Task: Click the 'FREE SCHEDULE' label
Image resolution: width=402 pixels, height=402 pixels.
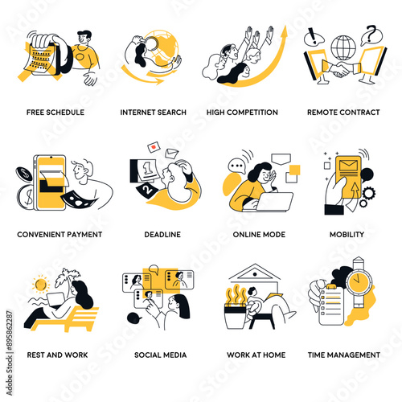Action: tap(55, 113)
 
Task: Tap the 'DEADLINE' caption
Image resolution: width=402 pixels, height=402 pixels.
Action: tap(162, 235)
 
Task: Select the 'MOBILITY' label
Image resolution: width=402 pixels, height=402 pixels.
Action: tap(347, 235)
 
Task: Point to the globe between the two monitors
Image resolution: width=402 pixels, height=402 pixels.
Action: tap(343, 48)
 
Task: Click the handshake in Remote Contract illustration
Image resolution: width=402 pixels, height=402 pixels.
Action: tap(341, 70)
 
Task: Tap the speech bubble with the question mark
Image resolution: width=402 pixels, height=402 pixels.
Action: tap(371, 35)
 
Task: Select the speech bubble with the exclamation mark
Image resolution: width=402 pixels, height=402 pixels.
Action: tap(314, 37)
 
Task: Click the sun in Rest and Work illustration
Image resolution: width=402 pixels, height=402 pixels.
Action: tap(41, 284)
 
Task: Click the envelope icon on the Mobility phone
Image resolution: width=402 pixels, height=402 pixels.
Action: tap(348, 165)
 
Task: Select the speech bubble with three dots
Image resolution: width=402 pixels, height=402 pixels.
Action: tap(236, 166)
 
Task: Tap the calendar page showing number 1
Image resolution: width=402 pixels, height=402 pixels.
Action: tap(147, 171)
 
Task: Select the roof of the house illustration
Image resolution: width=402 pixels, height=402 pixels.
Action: tap(255, 272)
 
